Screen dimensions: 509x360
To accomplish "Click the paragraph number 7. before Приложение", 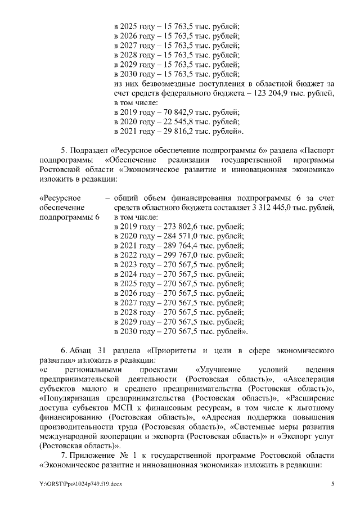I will coord(64,455).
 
